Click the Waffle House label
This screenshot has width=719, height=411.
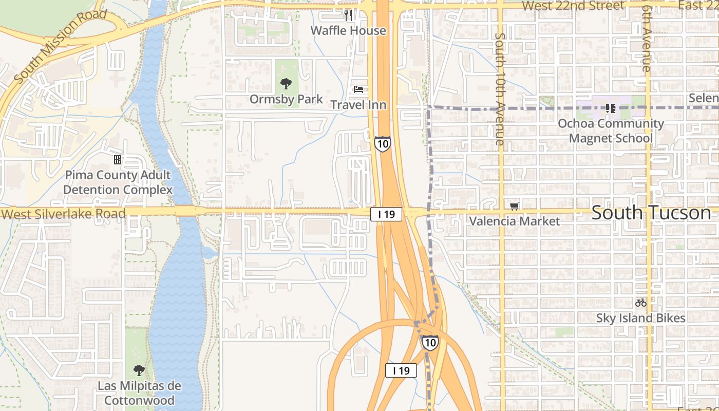(x=348, y=31)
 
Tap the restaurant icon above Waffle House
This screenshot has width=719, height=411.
(x=348, y=15)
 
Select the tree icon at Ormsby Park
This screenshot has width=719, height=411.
(x=286, y=83)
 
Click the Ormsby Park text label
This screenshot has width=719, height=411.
(x=286, y=99)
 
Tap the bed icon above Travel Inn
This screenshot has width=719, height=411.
(x=358, y=89)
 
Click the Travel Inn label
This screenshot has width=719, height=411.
(x=358, y=105)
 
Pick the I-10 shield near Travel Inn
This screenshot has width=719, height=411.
(x=382, y=143)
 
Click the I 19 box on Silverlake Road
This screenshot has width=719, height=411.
(x=386, y=214)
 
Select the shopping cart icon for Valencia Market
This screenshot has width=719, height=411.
(x=515, y=206)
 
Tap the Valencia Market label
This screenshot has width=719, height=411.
(x=515, y=221)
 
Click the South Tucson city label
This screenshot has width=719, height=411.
(x=651, y=213)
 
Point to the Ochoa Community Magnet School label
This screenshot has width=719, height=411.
(x=611, y=131)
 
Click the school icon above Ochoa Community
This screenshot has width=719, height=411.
(x=611, y=108)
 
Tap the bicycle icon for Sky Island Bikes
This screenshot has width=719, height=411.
(x=640, y=303)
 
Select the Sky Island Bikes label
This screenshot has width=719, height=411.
(x=640, y=318)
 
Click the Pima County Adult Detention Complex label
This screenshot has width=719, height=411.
(x=118, y=182)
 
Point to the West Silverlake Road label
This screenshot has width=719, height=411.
(x=63, y=214)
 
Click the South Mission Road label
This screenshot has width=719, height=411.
(x=61, y=45)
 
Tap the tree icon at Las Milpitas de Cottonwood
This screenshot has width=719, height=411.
(x=139, y=370)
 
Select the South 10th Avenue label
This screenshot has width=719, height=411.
(x=500, y=88)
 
